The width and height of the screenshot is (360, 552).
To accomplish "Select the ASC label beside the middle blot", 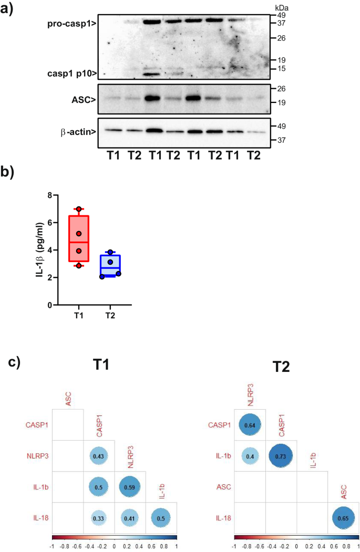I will [85, 98].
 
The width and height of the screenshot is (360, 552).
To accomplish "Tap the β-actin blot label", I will [77, 132].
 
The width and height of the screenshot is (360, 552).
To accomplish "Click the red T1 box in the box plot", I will [79, 238].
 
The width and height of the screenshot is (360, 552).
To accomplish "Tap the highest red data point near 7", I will [79, 210].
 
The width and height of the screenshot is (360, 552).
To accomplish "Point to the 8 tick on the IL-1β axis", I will [49, 195].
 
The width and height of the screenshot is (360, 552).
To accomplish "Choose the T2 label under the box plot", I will [110, 316].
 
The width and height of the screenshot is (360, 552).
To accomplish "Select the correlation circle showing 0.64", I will [251, 424].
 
